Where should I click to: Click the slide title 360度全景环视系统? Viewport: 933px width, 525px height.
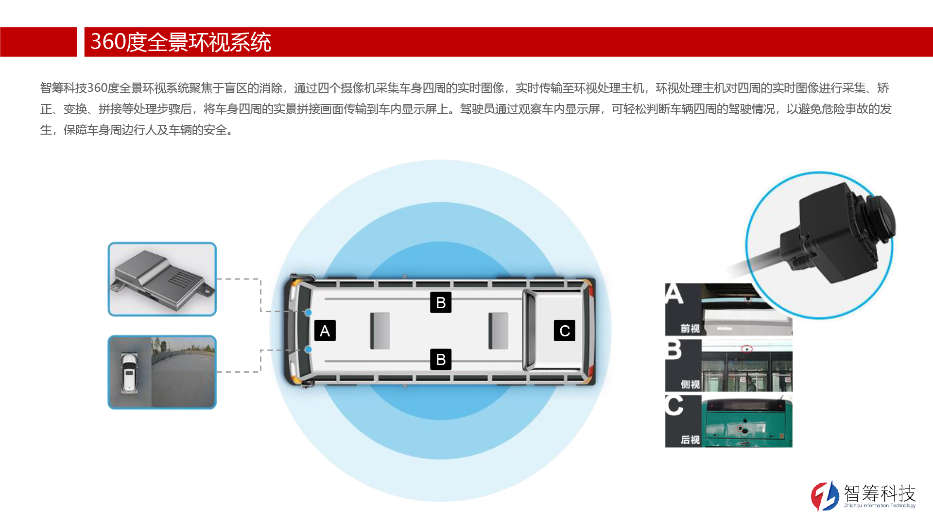tap(181, 42)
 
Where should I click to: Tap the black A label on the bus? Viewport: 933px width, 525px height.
tap(325, 331)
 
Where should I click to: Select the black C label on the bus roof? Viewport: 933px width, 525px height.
tap(565, 331)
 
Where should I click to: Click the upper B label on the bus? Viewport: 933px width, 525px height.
tap(441, 302)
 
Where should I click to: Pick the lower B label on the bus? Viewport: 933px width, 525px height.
tap(441, 359)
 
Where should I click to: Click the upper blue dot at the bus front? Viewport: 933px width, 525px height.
tap(308, 313)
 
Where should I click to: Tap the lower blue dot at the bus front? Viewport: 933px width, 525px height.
tap(308, 350)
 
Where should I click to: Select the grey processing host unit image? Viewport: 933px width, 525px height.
tap(162, 280)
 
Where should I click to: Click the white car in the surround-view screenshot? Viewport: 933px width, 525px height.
tap(129, 372)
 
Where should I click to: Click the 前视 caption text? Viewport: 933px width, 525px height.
tap(690, 329)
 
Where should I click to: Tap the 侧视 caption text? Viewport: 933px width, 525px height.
tap(690, 385)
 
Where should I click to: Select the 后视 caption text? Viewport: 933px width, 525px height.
tap(690, 440)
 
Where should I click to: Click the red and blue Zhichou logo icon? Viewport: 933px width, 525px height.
tap(825, 496)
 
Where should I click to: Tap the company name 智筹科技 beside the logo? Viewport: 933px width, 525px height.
tap(880, 493)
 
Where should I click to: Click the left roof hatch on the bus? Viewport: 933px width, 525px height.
tap(380, 331)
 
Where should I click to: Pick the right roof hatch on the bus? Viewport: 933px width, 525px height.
tap(498, 331)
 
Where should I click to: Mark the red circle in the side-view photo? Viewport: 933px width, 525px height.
tap(746, 349)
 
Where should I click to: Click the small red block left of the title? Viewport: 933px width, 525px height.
tap(38, 42)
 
